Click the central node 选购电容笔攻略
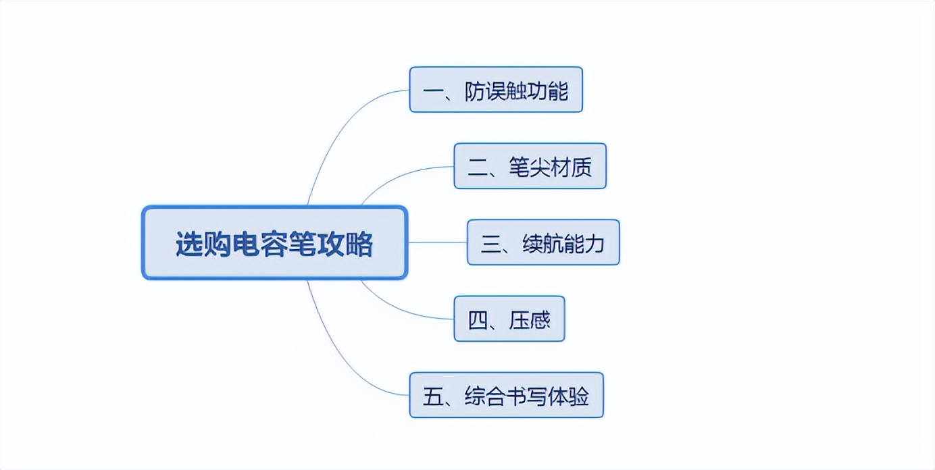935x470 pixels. pos(274,242)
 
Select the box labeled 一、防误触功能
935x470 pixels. pos(496,89)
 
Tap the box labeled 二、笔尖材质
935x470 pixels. pos(530,166)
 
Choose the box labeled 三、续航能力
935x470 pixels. pos(543,242)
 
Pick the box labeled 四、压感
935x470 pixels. pos(509,319)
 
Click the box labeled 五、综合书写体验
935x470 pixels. pos(506,395)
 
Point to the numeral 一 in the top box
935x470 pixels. pos(432,91)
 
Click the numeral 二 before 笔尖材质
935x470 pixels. pos(477,167)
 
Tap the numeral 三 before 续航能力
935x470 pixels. pos(490,244)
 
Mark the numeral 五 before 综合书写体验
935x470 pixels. pos(432,396)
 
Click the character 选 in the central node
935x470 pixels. pos(189,244)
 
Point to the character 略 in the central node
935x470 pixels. pos(359,244)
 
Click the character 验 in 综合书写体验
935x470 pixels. pos(578,396)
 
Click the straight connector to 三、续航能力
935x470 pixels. pos(437,242)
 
